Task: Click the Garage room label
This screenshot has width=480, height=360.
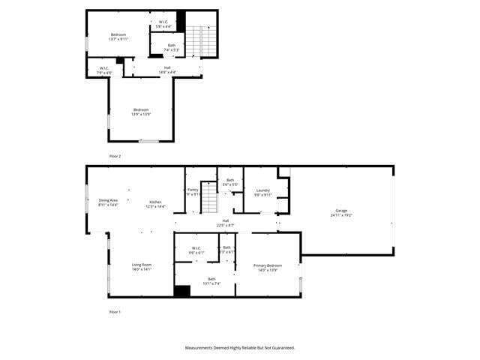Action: point(341,213)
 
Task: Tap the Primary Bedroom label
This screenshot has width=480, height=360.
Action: point(268,267)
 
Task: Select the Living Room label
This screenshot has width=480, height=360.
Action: point(142,266)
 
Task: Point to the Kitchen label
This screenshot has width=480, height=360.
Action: point(155,204)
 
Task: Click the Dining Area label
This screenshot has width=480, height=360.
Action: point(108,202)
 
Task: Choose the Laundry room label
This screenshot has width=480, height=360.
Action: point(262,192)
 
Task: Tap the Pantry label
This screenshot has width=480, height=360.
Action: point(193,192)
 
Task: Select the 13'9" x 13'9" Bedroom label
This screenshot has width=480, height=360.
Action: point(141,112)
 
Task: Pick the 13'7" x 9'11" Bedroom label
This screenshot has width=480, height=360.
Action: point(118,37)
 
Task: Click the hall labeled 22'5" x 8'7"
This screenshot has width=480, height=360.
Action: point(225,223)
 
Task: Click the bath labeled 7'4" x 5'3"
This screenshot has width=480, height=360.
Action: point(172,47)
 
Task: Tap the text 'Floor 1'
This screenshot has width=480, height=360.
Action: point(115,311)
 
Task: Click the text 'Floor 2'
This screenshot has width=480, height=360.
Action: point(115,156)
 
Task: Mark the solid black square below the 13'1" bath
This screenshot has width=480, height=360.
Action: point(181,291)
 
